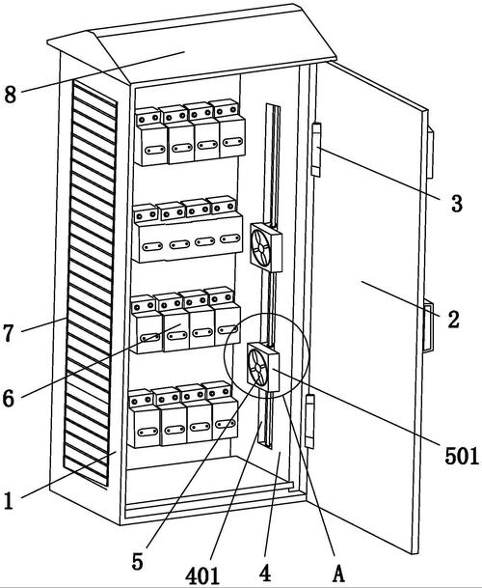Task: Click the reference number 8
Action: click(10, 94)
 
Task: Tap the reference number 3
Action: click(457, 204)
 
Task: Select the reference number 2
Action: click(453, 320)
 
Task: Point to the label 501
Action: click(462, 456)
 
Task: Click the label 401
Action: click(202, 575)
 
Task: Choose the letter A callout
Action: click(338, 574)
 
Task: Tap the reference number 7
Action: click(9, 333)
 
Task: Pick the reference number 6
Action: click(9, 398)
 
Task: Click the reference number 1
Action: click(9, 501)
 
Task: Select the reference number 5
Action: click(138, 562)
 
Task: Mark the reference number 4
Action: click(265, 574)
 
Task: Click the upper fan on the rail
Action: click(265, 247)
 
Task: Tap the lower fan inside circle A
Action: click(263, 367)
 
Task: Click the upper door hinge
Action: click(316, 150)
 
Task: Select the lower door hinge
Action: click(309, 421)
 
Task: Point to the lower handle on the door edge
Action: click(429, 326)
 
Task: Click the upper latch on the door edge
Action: click(430, 153)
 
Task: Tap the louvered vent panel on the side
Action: click(90, 283)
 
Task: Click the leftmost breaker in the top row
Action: click(150, 137)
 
